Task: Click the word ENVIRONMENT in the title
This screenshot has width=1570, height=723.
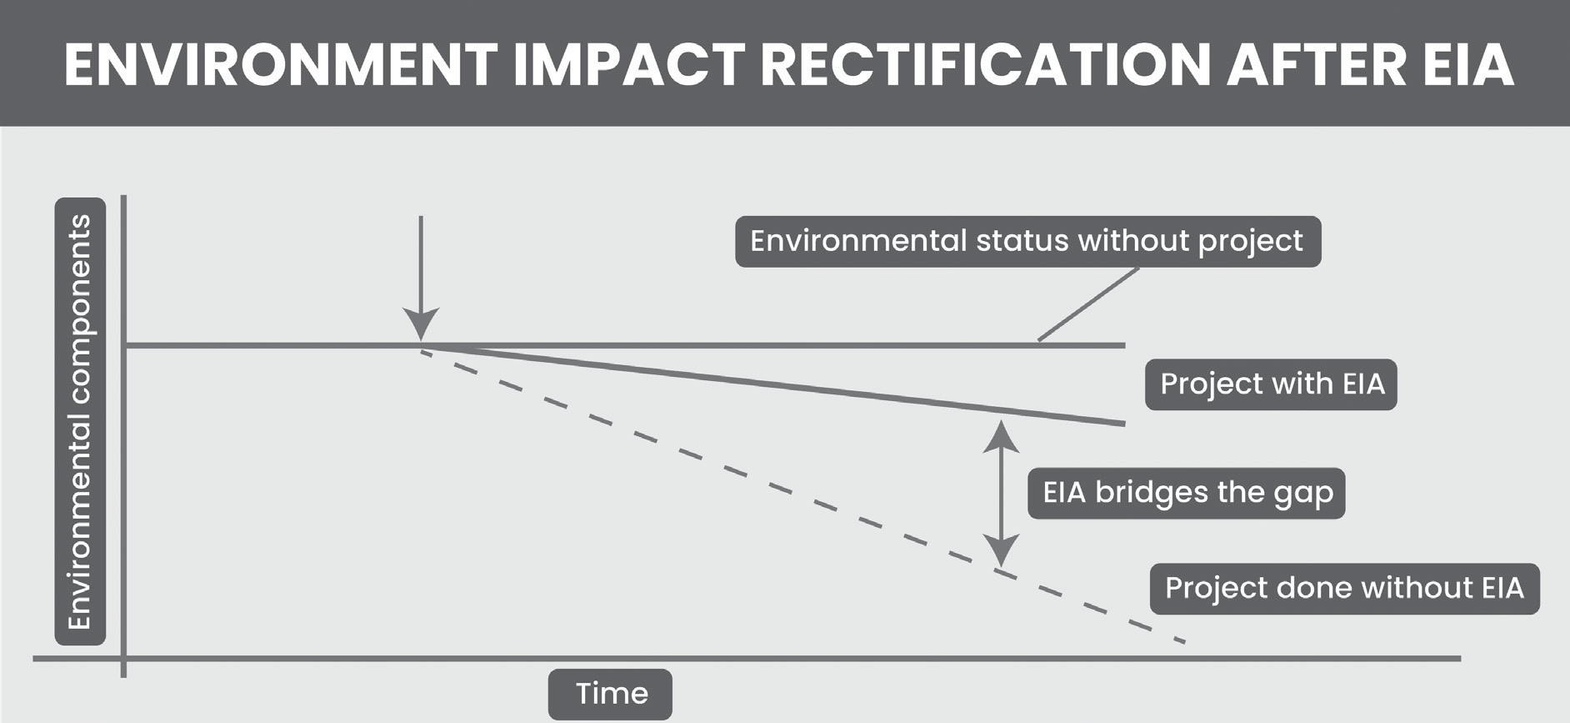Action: [x=280, y=64]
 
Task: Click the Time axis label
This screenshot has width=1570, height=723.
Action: [x=610, y=694]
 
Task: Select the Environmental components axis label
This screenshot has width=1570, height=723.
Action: [x=80, y=421]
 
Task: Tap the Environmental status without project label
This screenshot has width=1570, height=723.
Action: [x=1027, y=242]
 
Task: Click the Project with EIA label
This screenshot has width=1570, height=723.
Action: [x=1271, y=384]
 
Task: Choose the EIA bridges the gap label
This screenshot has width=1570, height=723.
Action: [x=1186, y=493]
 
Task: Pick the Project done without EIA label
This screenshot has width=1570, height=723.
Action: [x=1344, y=589]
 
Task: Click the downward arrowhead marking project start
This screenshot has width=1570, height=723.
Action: [x=421, y=324]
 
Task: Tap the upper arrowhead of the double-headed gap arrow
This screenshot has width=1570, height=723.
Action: [x=1001, y=436]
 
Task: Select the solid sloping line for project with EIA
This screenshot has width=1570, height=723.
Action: [x=773, y=384]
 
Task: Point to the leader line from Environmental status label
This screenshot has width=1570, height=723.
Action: [x=1088, y=304]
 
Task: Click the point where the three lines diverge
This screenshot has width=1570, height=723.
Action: [x=422, y=345]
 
